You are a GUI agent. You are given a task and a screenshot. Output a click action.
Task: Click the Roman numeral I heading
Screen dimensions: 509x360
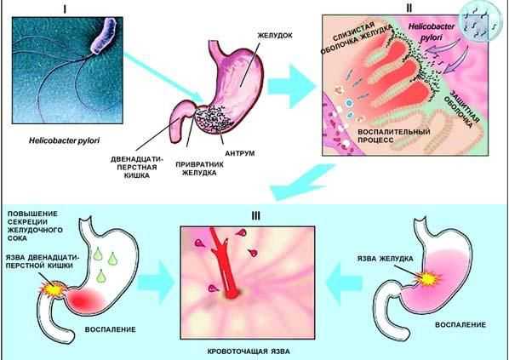tap(65, 9)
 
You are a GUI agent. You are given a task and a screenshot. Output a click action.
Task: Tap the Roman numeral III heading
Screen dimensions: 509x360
tap(256, 216)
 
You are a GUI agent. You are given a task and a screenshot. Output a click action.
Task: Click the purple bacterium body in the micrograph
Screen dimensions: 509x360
tap(105, 36)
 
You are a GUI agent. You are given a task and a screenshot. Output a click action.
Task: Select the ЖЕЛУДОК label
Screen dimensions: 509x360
tap(275, 36)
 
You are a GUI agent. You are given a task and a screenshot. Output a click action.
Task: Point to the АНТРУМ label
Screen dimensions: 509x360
tap(240, 153)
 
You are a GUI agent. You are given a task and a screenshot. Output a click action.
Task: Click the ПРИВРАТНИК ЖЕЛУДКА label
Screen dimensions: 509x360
tap(200, 169)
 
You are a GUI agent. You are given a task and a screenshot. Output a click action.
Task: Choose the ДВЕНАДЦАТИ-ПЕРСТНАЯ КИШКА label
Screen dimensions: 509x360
tap(137, 167)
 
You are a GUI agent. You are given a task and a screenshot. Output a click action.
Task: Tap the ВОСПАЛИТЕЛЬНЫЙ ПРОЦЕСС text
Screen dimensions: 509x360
tap(394, 136)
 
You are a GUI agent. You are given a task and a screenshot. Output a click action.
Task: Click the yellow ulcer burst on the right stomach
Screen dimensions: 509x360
tap(428, 279)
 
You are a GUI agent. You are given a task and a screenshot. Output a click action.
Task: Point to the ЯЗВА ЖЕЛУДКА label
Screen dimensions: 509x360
tap(386, 259)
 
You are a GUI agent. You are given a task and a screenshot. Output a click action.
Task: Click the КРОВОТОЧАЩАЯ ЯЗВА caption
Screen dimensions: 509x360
tap(249, 351)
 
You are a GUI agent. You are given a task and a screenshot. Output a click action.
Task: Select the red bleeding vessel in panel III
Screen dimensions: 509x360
tap(225, 264)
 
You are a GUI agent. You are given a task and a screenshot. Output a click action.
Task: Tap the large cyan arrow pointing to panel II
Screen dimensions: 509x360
tap(291, 86)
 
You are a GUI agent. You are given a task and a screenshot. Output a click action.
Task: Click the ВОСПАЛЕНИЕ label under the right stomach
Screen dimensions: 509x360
tap(460, 325)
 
